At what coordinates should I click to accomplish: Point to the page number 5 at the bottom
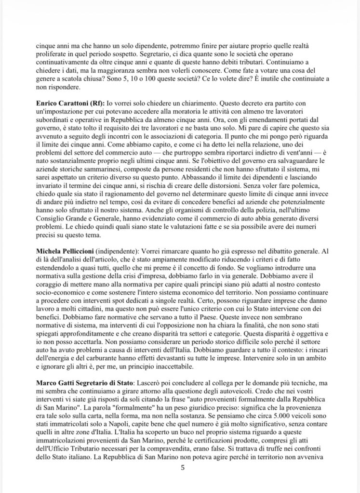(183, 467)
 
